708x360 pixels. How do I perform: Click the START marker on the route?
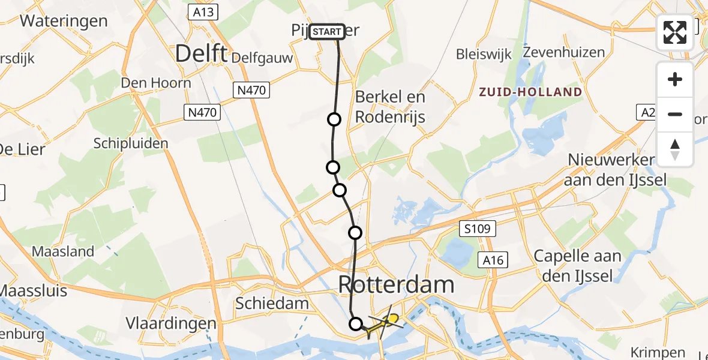327,31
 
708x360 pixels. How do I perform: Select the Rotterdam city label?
397,284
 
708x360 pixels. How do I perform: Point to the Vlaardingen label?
171,323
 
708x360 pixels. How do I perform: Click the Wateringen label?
64,21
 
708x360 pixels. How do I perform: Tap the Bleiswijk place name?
484,54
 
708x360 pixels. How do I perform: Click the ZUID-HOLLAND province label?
530,92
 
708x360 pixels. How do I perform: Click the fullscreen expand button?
675,32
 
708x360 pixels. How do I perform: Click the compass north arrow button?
675,149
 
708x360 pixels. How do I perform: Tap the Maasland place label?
64,251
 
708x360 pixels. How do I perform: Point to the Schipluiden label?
131,143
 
